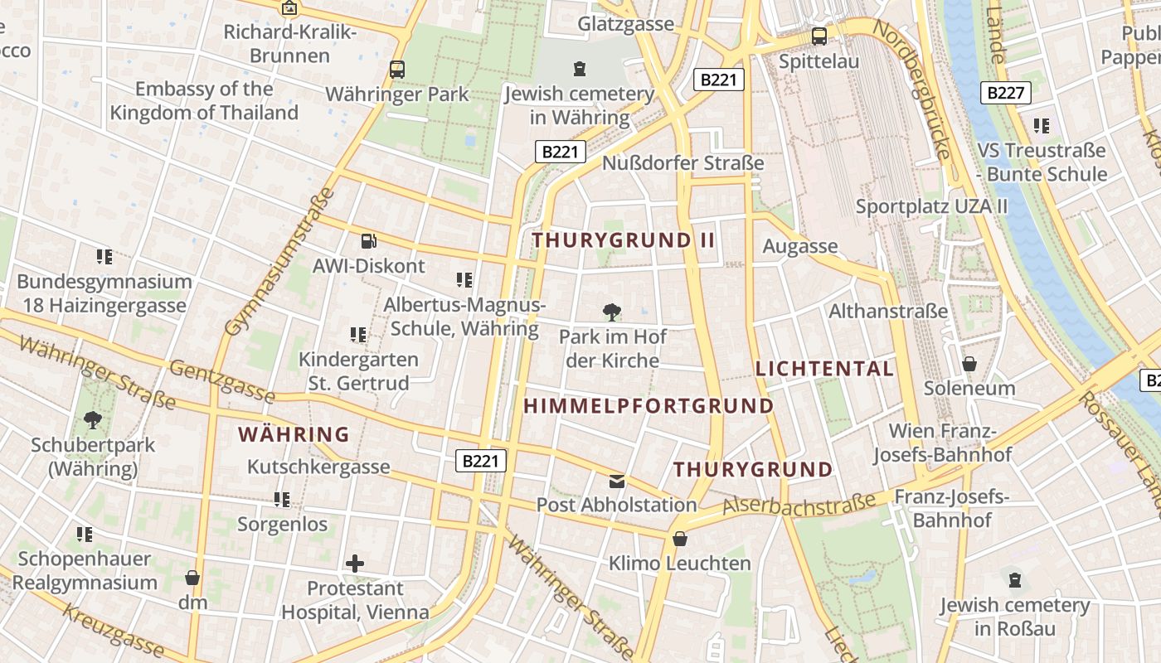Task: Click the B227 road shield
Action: (1006, 93)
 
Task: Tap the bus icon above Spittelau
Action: (819, 36)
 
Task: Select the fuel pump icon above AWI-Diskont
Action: (368, 241)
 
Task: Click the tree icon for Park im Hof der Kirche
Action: (612, 312)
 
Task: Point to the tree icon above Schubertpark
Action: (93, 420)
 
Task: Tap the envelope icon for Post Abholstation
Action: (617, 481)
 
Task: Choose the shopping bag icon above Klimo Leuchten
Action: (680, 539)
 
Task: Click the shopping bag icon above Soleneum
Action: (969, 363)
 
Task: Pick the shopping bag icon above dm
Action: (192, 577)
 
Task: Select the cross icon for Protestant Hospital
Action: (355, 564)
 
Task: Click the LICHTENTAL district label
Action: (824, 369)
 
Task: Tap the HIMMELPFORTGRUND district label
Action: (649, 406)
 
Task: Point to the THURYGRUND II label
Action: (623, 240)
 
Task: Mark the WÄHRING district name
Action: (294, 434)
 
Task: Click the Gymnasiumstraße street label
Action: (280, 262)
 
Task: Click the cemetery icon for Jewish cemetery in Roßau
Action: (1014, 579)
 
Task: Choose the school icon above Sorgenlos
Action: (282, 500)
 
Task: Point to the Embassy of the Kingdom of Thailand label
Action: (204, 100)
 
